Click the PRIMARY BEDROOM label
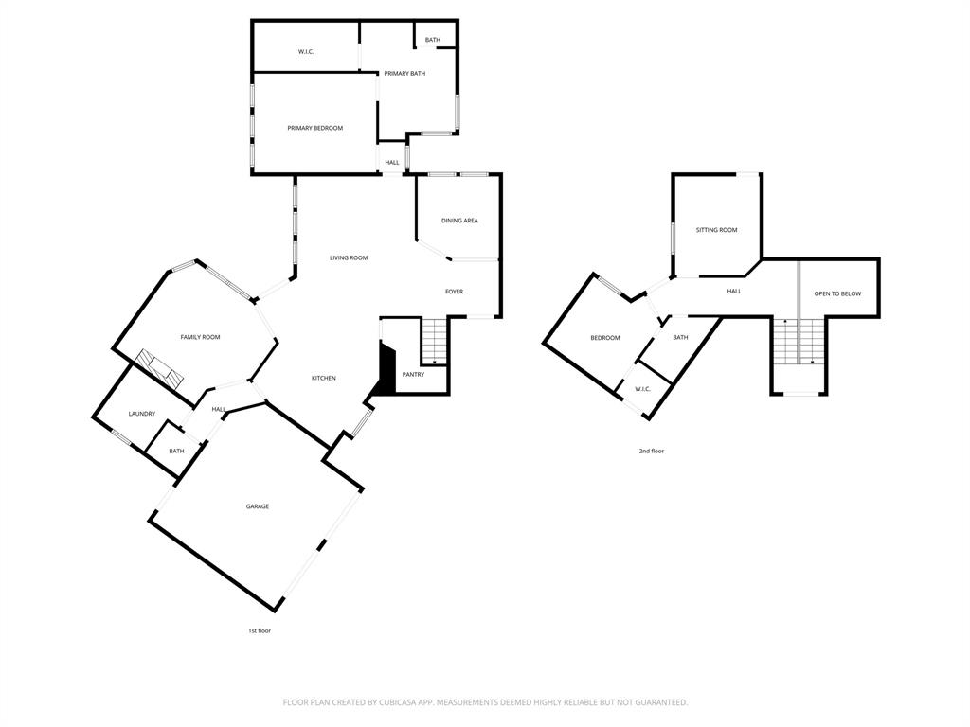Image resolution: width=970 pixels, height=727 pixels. click(314, 128)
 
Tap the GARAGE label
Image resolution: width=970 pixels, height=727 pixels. click(258, 506)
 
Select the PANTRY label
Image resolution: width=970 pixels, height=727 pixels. click(413, 374)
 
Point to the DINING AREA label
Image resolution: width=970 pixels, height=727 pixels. click(459, 221)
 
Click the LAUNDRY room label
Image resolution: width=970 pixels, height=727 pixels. click(142, 414)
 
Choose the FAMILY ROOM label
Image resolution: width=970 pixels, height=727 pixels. click(200, 337)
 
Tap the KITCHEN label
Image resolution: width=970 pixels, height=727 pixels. click(324, 378)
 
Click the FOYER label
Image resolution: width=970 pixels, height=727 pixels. click(455, 292)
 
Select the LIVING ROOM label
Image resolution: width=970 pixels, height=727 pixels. click(349, 257)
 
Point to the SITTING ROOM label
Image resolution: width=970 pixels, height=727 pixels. click(716, 230)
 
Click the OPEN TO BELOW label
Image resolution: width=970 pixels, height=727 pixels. click(838, 293)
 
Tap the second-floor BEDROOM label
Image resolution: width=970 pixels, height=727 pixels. click(605, 338)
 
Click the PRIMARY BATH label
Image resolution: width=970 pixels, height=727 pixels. click(404, 73)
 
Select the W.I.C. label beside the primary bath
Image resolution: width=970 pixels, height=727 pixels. click(306, 51)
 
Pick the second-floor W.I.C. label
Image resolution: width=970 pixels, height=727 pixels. click(642, 388)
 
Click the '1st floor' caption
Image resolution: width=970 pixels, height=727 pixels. click(260, 630)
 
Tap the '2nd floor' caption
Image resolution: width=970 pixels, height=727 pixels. click(652, 451)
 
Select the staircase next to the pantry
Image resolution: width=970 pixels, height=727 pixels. click(434, 342)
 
